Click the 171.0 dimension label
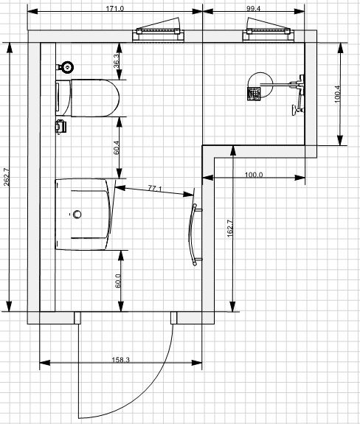point(114,9)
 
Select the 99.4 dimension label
point(253,9)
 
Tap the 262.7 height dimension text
point(7,177)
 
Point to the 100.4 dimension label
point(338,94)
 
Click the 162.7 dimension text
point(230,229)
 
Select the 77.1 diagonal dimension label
point(154,188)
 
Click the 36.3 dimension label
point(117,61)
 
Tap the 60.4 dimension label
point(117,147)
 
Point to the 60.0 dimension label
point(118,281)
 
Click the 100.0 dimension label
point(254,175)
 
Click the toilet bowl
point(94,98)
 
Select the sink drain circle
point(77,214)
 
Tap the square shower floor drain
point(254,94)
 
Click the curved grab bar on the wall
point(191,234)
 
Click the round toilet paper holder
point(67,67)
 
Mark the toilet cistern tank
point(63,98)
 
